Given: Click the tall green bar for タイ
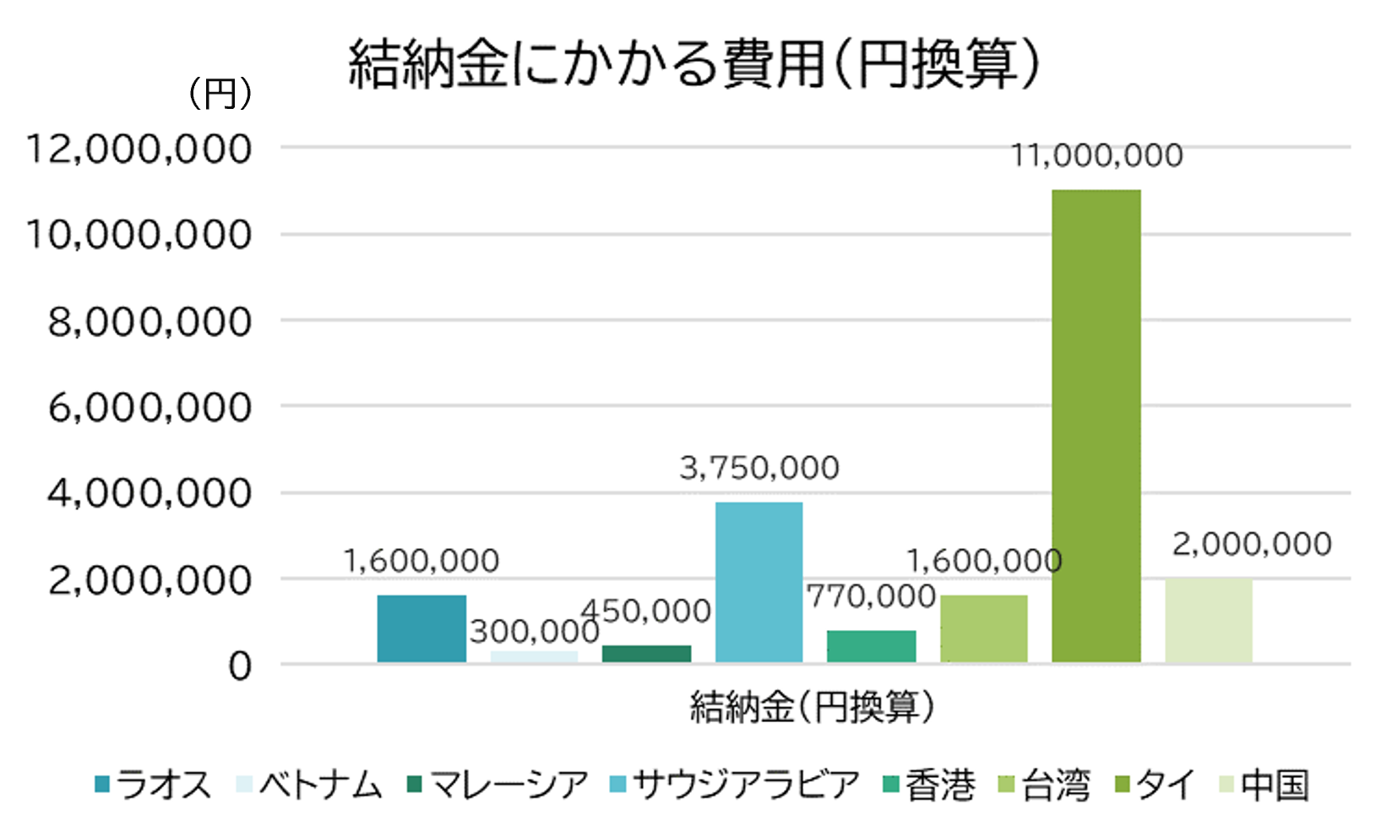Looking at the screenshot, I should coord(1096,426).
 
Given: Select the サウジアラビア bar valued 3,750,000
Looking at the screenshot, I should coord(759,582).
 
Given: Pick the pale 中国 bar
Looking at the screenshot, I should coord(1208,621).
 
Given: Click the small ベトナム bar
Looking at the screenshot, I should coord(534,656).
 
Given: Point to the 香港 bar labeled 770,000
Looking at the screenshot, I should coord(871,646).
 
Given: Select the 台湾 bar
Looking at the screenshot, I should coord(983,629).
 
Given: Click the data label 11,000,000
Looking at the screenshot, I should coord(1096,155).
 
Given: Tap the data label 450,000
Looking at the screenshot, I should coord(646,611).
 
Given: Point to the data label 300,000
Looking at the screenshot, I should coord(534,632).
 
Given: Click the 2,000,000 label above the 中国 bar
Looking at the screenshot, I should coord(1251,544).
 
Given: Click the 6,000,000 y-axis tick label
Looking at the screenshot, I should coord(150,408).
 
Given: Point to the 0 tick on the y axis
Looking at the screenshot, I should coord(239,666).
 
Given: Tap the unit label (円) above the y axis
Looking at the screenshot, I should coord(219,93).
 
